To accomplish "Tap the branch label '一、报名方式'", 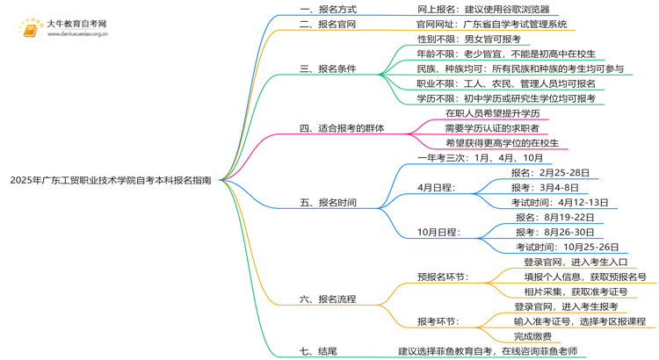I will (x=328, y=10).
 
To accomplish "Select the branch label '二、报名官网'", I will (x=328, y=25).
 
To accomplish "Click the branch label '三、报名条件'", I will (x=328, y=68).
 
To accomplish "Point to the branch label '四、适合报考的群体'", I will (x=342, y=128).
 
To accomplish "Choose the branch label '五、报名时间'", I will (x=328, y=203).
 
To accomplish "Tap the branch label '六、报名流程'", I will (x=328, y=299).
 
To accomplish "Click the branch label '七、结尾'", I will (x=317, y=351).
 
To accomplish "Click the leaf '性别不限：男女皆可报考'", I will (x=468, y=40).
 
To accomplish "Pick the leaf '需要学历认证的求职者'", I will (x=492, y=128).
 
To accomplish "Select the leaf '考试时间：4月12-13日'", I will (x=553, y=203).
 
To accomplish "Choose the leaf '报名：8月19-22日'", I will (x=549, y=218).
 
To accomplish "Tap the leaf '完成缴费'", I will (x=532, y=336).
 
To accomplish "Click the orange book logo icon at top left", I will (x=31, y=29).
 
